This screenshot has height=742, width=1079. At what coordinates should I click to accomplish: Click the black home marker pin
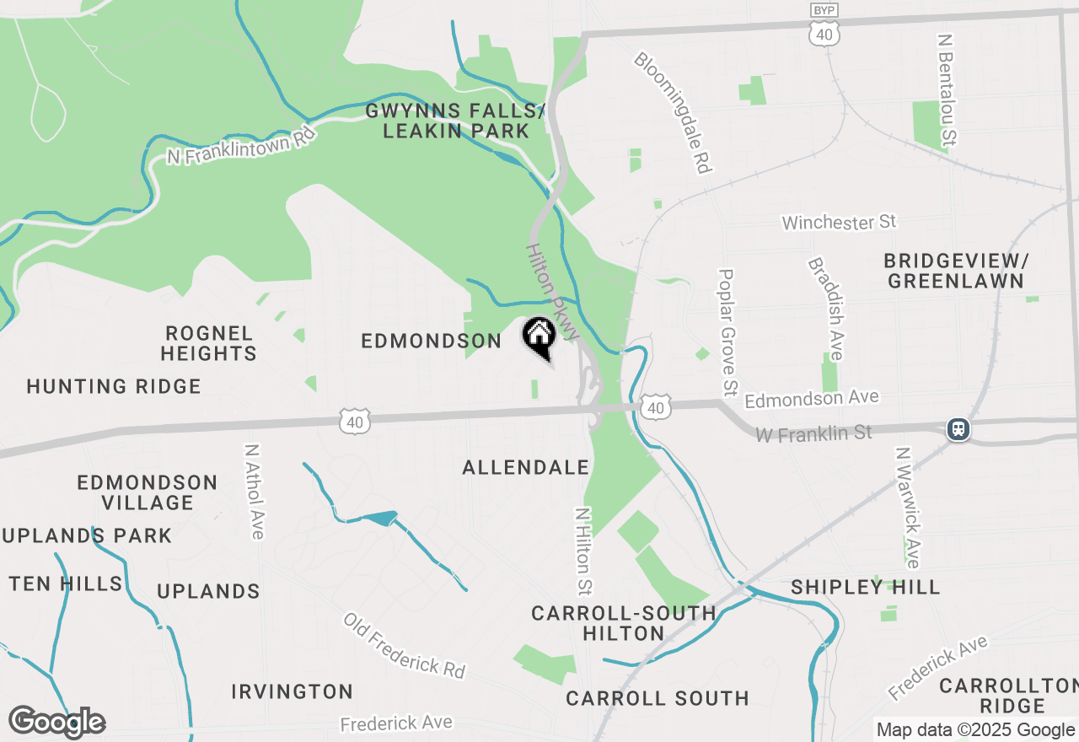point(539,338)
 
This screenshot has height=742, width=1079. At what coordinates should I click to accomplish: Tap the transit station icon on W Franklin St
point(958,429)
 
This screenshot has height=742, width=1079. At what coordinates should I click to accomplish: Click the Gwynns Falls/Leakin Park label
point(456,121)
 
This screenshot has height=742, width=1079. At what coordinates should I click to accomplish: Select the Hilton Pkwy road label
point(552,292)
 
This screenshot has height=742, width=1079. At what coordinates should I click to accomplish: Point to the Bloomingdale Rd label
point(671,113)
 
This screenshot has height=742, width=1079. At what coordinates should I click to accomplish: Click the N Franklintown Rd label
point(240,146)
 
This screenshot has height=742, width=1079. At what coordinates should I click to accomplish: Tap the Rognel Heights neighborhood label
point(209,343)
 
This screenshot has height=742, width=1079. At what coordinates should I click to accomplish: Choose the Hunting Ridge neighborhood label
point(114,386)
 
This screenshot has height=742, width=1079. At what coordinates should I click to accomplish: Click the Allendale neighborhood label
point(525,467)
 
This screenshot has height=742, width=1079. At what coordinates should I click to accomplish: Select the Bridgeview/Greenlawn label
point(956,270)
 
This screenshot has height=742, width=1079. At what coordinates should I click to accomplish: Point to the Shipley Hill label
point(866,587)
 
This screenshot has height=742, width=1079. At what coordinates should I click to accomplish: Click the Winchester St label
point(839,223)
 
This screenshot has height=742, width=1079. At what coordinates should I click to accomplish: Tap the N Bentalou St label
point(948,89)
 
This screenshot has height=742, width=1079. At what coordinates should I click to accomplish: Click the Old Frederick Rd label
point(404,645)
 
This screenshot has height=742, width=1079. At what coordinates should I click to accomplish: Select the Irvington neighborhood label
point(293,691)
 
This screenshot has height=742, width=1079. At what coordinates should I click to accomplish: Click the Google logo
point(56,722)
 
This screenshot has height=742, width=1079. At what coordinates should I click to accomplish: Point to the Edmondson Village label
point(148,492)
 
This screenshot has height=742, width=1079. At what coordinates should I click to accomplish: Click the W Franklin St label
point(813,433)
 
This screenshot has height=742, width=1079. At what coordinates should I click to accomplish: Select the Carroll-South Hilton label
point(624,623)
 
